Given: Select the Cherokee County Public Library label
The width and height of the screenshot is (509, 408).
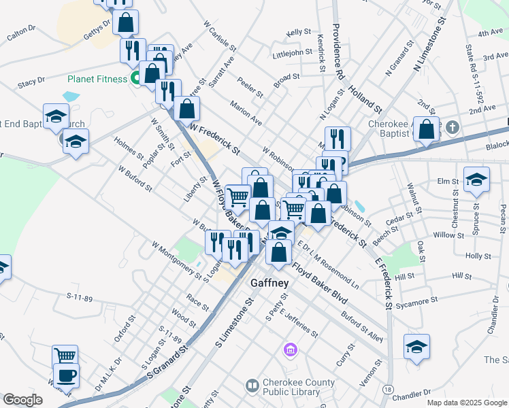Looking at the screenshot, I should click(293, 387).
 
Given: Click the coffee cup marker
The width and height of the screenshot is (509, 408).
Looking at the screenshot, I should click(66, 375).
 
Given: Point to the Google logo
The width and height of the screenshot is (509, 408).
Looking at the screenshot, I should click(22, 400).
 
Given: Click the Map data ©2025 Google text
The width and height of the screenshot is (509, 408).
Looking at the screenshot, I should click(467, 403).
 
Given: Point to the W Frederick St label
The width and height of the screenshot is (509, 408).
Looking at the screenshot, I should click(215, 137).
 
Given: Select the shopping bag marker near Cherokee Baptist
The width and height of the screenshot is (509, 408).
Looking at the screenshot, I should click(427, 131).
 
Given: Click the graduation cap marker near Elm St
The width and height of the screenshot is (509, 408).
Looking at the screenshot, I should click(476, 180).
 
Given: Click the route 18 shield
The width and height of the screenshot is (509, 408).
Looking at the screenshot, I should click(387, 389).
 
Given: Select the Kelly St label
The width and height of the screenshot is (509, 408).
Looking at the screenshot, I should click(299, 32).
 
